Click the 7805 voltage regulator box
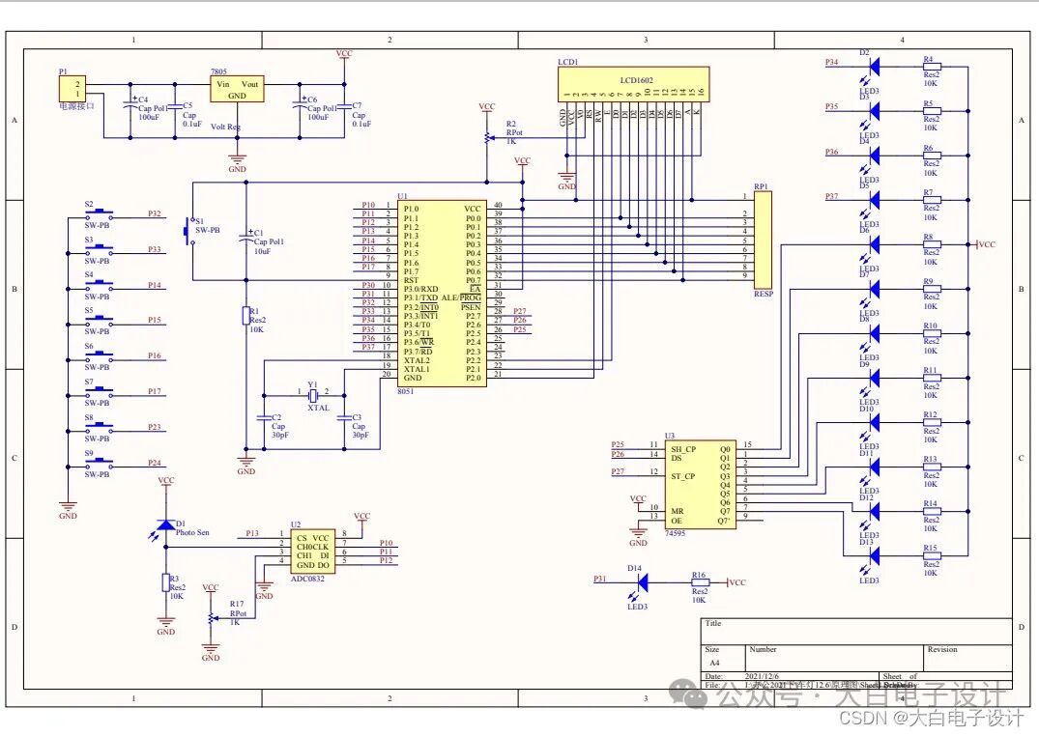[237, 89]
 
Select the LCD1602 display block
[636, 83]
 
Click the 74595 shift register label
[677, 532]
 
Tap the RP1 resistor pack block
[763, 237]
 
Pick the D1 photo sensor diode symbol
[166, 524]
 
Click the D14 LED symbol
[641, 580]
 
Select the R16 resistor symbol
[699, 582]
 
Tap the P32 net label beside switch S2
[155, 213]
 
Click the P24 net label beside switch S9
[155, 463]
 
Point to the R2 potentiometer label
[511, 125]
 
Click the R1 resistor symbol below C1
[247, 316]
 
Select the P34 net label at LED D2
[832, 63]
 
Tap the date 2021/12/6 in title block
[759, 676]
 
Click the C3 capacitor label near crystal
[357, 417]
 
